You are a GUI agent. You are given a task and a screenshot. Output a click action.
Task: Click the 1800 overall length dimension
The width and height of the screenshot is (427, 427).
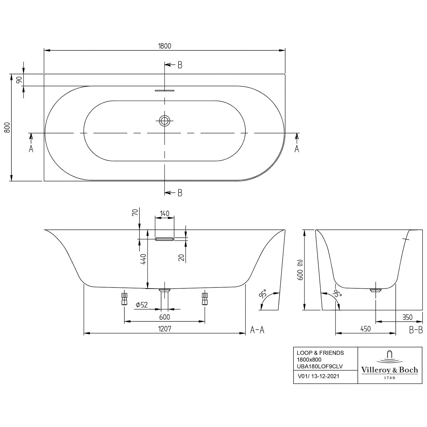(165, 46)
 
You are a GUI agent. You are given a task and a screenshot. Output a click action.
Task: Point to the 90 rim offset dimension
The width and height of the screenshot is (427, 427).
(19, 80)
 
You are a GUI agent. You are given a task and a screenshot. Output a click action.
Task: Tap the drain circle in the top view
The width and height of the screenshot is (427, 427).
(164, 121)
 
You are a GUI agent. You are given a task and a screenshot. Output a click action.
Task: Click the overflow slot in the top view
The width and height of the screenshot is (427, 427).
(164, 91)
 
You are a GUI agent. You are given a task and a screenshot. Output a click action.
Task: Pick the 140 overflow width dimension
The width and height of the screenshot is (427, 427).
(165, 213)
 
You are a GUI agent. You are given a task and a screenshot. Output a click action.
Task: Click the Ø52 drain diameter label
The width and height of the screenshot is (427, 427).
(142, 305)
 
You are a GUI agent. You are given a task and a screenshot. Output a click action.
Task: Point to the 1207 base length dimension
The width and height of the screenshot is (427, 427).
(165, 329)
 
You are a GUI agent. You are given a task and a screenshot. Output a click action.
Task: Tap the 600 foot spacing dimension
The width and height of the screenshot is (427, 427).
(165, 317)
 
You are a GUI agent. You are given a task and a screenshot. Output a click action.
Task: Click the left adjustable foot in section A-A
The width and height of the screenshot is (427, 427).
(124, 299)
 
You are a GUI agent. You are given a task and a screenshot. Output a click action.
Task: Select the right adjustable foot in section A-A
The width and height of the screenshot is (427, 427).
(204, 299)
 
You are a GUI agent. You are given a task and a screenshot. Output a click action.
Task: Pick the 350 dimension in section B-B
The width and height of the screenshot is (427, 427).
(407, 317)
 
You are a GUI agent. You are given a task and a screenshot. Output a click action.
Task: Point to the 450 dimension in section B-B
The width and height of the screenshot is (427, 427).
(366, 329)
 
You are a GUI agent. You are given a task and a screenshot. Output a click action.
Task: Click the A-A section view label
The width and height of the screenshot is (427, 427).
(257, 330)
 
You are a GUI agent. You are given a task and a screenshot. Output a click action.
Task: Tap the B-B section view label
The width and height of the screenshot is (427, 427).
(416, 330)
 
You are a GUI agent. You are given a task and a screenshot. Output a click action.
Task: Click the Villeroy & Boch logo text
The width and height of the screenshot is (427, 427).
(389, 370)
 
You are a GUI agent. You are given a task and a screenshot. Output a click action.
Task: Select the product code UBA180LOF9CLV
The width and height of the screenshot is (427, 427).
(320, 366)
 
